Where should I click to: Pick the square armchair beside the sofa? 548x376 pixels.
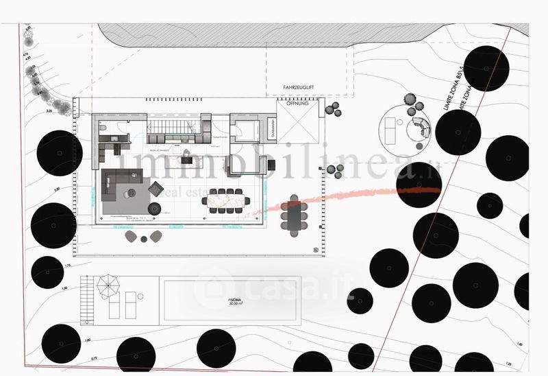pos(156,188)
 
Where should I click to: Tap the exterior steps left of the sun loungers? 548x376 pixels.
pos(86,295)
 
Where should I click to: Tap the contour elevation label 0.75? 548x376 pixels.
pos(94,358)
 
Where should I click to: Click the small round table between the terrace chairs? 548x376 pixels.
pos(143,239)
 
